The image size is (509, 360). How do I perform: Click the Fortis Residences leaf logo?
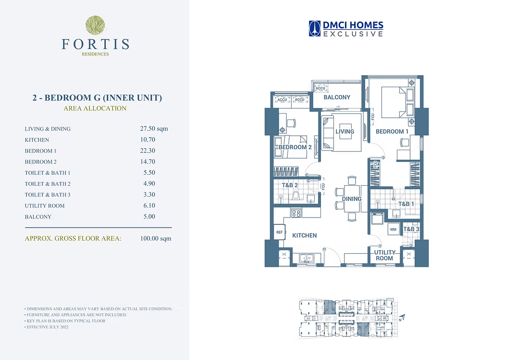[95, 25]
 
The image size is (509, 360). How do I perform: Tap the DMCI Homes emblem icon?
[315, 28]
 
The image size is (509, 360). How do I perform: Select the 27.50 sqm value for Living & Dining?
[154, 129]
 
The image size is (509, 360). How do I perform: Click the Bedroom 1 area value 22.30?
[148, 151]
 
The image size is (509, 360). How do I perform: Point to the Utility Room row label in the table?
[45, 206]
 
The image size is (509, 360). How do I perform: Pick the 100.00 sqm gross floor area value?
[156, 238]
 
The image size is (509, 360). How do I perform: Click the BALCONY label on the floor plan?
[337, 97]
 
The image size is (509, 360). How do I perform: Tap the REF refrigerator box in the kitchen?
[279, 232]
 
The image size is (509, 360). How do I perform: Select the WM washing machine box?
[393, 229]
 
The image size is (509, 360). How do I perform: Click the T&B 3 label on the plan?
[411, 229]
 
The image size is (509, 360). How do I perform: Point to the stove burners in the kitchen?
[296, 213]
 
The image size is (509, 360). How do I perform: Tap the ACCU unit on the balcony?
[320, 88]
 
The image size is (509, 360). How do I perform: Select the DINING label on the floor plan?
[352, 199]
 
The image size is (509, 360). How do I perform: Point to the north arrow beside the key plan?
[403, 318]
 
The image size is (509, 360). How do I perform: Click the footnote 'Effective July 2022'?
[48, 327]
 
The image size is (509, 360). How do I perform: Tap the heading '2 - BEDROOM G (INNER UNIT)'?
[97, 98]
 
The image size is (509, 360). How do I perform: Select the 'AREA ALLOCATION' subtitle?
[95, 108]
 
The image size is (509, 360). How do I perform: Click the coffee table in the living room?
[346, 131]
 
